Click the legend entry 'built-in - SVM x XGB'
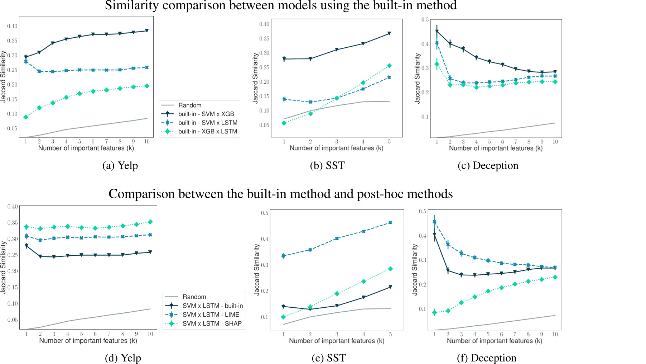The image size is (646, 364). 206,114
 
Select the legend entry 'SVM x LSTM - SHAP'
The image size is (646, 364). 212,323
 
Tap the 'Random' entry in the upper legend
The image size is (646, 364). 190,105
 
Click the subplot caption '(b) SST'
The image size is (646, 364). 327,166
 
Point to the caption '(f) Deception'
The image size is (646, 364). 486,358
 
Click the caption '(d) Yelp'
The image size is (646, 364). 123,358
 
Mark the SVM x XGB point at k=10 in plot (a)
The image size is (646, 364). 147,31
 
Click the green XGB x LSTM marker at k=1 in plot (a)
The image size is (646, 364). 26,117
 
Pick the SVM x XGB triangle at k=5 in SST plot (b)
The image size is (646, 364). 389,34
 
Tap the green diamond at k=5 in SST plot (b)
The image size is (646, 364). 389,66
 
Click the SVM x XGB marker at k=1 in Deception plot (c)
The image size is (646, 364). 437,32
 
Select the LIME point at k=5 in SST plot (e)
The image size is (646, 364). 390,223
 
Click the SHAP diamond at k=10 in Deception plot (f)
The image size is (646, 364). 555,277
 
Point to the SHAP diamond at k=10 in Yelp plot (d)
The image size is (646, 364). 150,222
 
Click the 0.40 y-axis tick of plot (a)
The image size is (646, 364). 12,26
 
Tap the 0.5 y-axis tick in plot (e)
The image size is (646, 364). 265,213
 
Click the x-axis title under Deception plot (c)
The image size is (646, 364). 496,148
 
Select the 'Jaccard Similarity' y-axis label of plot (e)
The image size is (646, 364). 257,270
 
